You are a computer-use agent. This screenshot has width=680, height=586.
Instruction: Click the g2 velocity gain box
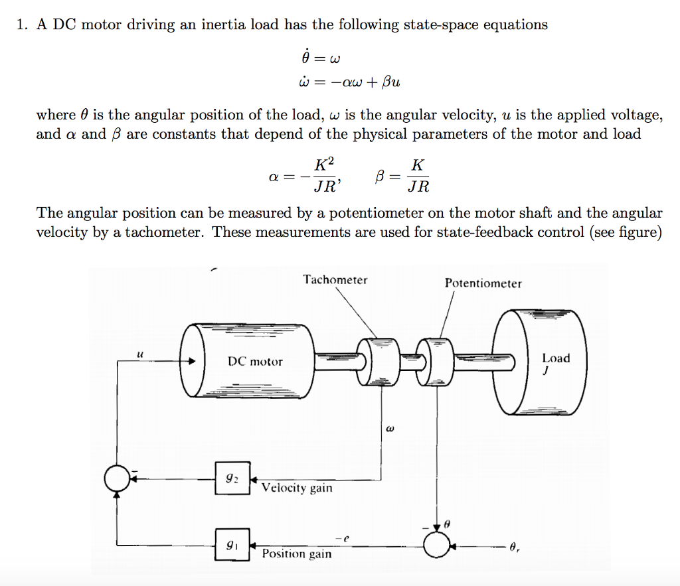click(x=232, y=478)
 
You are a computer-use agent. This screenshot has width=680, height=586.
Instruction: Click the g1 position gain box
click(x=232, y=544)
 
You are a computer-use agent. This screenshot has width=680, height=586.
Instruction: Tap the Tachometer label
click(x=335, y=280)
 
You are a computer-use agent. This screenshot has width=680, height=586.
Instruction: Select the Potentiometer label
click(x=483, y=283)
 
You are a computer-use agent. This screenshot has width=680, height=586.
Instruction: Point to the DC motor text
click(x=255, y=362)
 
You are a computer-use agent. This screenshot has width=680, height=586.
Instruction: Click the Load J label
click(x=555, y=362)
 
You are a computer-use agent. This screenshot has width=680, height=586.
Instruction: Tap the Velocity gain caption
click(x=297, y=488)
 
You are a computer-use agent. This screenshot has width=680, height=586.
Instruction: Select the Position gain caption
click(x=297, y=553)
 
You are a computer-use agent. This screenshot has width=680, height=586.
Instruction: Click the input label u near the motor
click(x=139, y=353)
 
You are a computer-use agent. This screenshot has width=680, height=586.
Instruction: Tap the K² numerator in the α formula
click(x=323, y=165)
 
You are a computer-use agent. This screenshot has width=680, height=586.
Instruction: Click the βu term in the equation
click(x=389, y=83)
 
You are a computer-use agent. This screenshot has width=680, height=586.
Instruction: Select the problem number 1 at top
click(x=23, y=26)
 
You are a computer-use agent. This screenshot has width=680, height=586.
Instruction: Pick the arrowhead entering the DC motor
click(x=192, y=362)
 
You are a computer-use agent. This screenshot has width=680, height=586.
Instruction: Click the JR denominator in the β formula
click(x=418, y=187)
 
